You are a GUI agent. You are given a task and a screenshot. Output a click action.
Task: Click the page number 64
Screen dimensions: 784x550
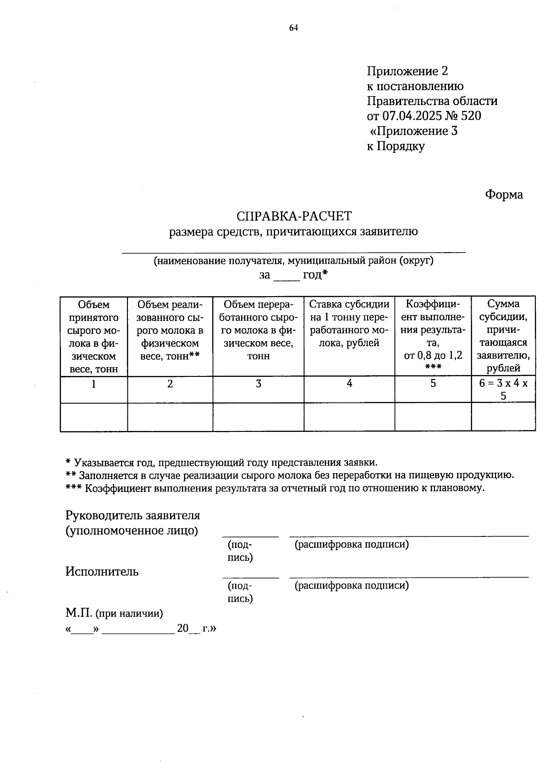pos(293,28)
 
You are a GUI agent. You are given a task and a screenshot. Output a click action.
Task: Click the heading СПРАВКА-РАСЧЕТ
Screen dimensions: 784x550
pos(294,215)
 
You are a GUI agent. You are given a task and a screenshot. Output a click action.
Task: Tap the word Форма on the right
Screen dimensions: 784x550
pos(504,194)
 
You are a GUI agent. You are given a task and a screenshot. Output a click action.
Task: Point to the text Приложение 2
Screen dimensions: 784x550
pos(407,71)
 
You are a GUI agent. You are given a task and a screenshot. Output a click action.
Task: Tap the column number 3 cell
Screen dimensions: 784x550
pos(258,384)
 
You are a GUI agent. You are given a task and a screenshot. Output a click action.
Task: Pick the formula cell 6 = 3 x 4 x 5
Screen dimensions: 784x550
pos(503,389)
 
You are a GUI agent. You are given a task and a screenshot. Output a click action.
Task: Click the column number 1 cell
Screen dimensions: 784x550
pos(93,384)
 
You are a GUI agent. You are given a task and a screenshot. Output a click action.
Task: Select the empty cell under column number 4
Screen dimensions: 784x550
pos(349,417)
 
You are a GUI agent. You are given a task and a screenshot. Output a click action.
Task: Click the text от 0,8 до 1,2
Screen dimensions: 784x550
pos(433,355)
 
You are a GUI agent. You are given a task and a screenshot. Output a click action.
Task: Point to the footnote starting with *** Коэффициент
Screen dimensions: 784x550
pos(275,488)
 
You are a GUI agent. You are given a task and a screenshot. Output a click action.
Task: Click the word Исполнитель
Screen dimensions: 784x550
pos(102,571)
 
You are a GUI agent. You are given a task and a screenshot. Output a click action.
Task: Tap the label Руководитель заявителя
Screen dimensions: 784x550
pos(133,515)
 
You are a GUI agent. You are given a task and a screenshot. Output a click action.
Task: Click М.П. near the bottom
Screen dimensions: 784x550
pos(79,613)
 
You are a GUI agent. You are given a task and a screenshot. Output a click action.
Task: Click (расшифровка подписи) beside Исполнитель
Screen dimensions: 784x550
pos(352,585)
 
